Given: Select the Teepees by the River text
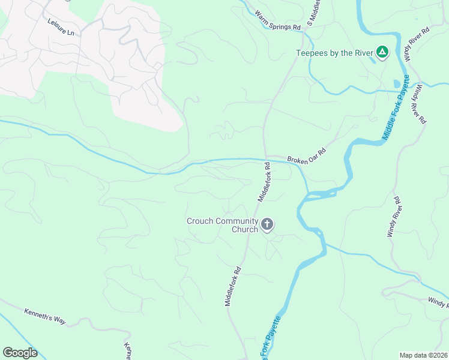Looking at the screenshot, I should [335, 53].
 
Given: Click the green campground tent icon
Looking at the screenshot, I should [382, 53].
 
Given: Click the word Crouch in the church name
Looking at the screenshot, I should [200, 221].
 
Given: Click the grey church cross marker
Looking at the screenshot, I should [267, 225].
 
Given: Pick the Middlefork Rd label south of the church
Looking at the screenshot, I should [233, 287].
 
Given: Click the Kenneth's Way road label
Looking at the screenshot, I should [44, 316].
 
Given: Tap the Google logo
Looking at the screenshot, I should [20, 353].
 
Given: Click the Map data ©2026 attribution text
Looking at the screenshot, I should [423, 355].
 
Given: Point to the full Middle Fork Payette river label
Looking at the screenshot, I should [397, 108].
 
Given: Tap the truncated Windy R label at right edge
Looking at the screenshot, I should [438, 302].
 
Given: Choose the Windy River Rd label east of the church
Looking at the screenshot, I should [394, 217].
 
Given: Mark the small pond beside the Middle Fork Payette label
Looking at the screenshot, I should [396, 84].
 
